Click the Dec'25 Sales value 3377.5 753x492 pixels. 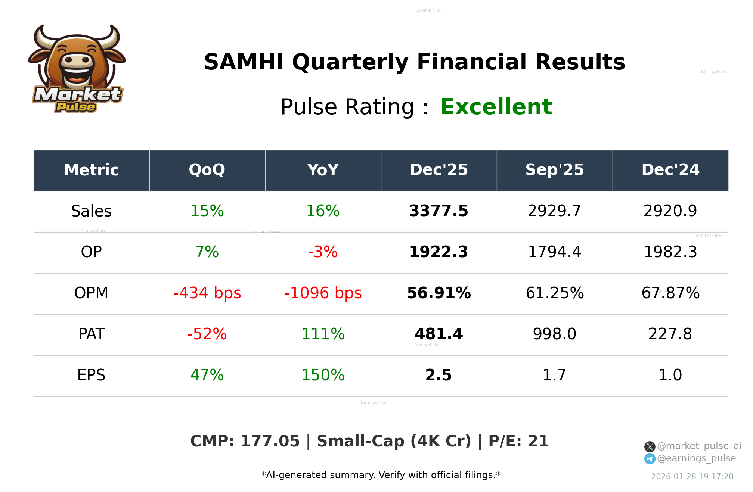(439, 211)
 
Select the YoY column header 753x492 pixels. (323, 170)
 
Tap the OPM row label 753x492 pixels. (91, 293)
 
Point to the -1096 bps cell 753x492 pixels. (323, 293)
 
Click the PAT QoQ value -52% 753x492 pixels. (207, 334)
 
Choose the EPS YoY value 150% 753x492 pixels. (323, 375)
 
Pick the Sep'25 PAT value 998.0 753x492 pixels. (554, 334)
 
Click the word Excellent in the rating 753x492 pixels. (496, 107)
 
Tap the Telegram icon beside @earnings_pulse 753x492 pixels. (650, 459)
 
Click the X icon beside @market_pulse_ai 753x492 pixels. (650, 446)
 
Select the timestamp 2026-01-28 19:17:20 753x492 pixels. (692, 477)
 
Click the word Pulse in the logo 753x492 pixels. (76, 107)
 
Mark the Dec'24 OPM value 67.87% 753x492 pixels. (670, 293)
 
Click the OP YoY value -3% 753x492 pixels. (323, 252)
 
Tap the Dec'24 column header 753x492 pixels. (670, 170)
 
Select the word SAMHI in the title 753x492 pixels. (244, 62)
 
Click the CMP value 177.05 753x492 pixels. (270, 441)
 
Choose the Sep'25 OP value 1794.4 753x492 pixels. (554, 252)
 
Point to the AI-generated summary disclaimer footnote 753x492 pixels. (381, 475)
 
